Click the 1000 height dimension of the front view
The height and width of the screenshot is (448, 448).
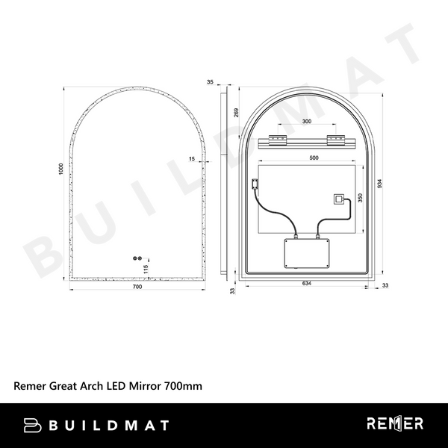click(60, 169)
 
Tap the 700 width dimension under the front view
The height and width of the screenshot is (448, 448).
click(137, 287)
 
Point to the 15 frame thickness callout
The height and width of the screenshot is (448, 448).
click(192, 159)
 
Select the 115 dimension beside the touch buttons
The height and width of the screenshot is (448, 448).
click(146, 268)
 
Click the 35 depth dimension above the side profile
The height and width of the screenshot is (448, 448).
click(211, 81)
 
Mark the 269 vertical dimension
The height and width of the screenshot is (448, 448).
click(236, 113)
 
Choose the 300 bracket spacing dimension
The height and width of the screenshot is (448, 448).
click(306, 122)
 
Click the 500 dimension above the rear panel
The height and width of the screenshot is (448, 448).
click(314, 158)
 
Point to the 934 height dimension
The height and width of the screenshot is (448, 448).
click(382, 184)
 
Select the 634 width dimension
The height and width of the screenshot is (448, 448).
click(307, 284)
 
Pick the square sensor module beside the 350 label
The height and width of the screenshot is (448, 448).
click(339, 200)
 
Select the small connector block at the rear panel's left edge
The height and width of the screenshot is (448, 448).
click(255, 181)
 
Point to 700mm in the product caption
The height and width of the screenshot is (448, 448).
click(183, 386)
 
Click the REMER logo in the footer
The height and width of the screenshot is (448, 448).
click(395, 424)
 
